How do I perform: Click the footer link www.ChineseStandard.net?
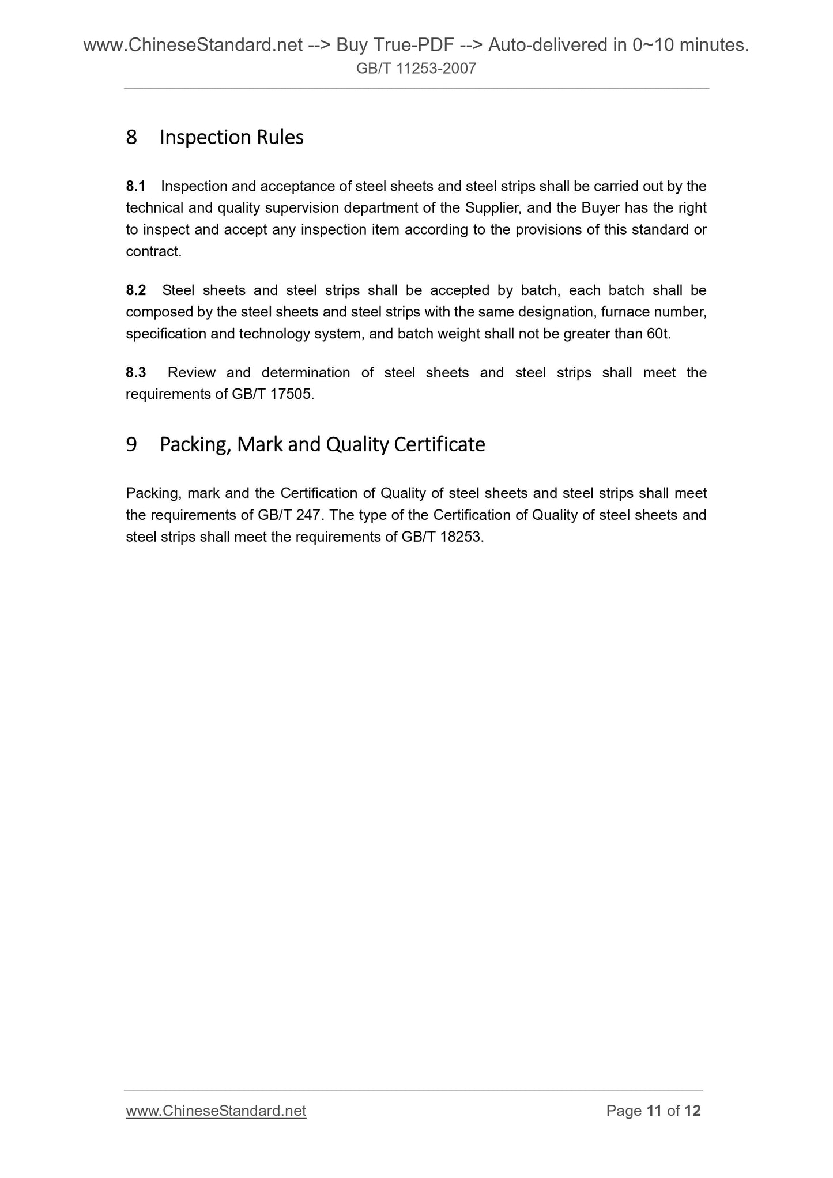pos(216,1111)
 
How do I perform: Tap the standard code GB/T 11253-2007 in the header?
pos(416,69)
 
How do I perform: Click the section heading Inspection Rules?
pos(231,137)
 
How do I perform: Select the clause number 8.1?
pos(135,186)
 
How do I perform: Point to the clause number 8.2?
pos(136,290)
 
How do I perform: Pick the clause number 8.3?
pos(136,373)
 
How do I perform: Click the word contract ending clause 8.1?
pos(153,251)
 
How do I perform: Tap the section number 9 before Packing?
pos(131,444)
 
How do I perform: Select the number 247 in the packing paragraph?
pos(316,515)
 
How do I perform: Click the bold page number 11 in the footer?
pos(654,1111)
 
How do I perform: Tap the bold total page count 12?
pos(692,1111)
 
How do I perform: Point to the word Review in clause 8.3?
pos(191,373)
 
